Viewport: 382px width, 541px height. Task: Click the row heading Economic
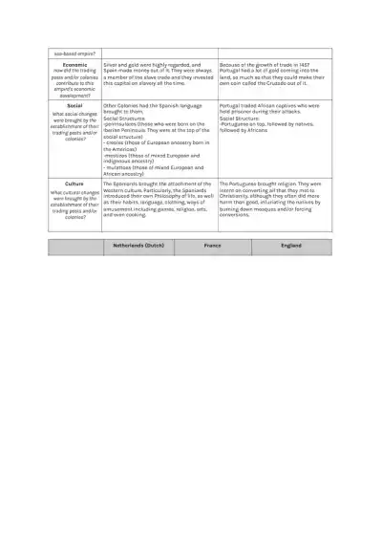point(74,65)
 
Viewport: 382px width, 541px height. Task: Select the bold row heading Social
point(74,105)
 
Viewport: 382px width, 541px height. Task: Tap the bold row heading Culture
point(74,183)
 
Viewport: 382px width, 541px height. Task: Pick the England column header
point(291,248)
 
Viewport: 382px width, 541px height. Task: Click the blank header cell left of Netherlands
point(74,248)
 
